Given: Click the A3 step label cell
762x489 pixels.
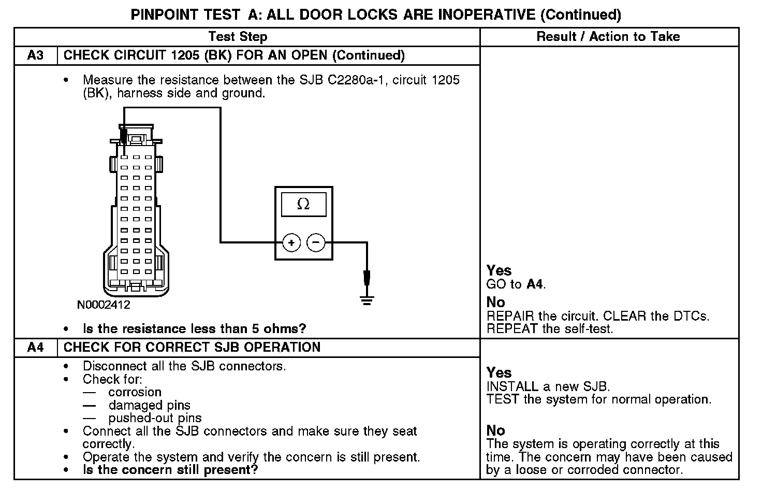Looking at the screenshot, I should coord(35,55).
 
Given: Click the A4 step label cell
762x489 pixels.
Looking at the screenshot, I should coord(35,348).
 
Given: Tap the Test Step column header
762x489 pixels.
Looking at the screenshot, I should coord(238,37).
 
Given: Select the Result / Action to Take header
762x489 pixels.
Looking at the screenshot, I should coord(608,37).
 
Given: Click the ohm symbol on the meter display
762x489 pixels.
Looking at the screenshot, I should coord(303,205).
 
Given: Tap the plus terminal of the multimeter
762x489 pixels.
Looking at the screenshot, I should coord(291,242).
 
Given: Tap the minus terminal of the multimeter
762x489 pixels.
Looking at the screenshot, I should coord(316,242).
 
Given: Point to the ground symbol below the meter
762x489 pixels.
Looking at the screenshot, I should coord(367,299).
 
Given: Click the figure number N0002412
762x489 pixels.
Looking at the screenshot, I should coord(104,305).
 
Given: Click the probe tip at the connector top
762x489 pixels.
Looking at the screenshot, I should coord(124,137).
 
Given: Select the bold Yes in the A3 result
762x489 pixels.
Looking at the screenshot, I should coord(499,270).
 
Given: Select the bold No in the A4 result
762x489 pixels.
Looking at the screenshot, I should coord(495,430).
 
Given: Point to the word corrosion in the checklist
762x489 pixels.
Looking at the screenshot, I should coord(135,392).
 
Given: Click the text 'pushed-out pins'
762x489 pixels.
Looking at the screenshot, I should coord(155,418).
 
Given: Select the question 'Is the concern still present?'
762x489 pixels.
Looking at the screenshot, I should coord(170,470).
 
